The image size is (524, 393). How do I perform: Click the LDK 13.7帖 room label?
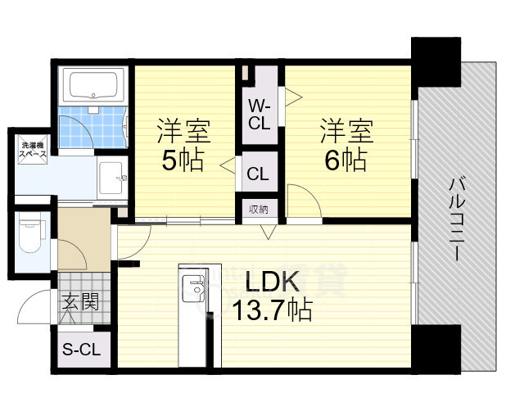pyautogui.click(x=273, y=295)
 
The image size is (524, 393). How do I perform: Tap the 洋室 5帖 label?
pyautogui.click(x=183, y=145)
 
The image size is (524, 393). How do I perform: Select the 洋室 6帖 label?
pyautogui.click(x=346, y=145)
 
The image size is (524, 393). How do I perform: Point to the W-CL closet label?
pyautogui.click(x=260, y=115)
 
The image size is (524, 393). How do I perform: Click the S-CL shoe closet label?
pyautogui.click(x=82, y=350)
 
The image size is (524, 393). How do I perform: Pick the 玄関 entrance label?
pyautogui.click(x=80, y=302)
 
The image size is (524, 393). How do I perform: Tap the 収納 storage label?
pyautogui.click(x=259, y=210)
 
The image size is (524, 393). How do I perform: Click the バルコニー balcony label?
pyautogui.click(x=457, y=219)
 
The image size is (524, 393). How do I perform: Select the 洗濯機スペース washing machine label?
pyautogui.click(x=33, y=150)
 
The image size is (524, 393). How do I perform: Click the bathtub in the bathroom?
pyautogui.click(x=93, y=85)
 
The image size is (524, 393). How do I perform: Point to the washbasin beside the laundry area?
pyautogui.click(x=113, y=178)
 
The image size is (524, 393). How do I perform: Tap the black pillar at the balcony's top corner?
pyautogui.click(x=436, y=63)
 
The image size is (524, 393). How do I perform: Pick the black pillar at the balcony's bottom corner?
pyautogui.click(x=436, y=350)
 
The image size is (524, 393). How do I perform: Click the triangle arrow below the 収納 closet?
pyautogui.click(x=268, y=232)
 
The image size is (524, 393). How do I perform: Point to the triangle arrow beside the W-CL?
pyautogui.click(x=293, y=97)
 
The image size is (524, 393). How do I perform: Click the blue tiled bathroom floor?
pyautogui.click(x=93, y=127)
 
